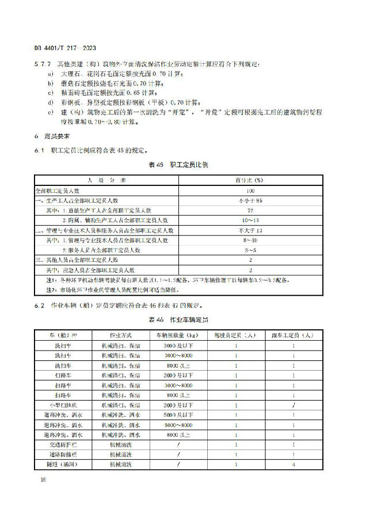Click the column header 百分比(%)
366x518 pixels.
pos(250,180)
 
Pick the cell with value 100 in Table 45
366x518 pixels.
pos(250,190)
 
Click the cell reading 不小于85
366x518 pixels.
pos(250,200)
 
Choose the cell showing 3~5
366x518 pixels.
pos(250,250)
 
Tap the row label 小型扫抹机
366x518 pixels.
pos(63,406)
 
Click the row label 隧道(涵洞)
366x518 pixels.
pos(63,464)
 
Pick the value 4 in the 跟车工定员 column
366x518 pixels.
pos(293,464)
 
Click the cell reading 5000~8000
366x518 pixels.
pos(178,425)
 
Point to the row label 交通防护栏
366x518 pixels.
pos(63,445)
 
